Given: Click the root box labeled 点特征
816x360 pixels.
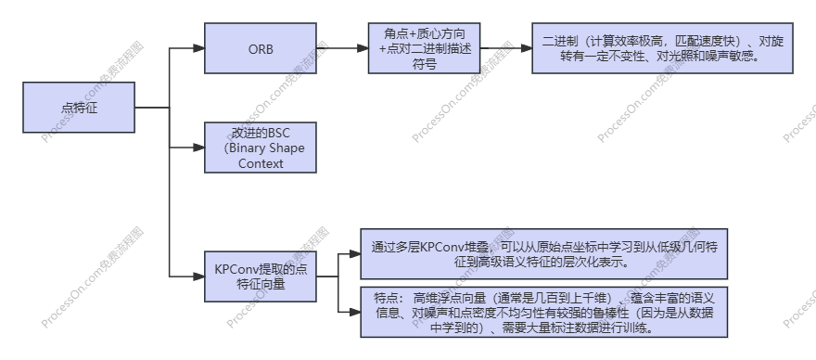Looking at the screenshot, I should coord(79,108).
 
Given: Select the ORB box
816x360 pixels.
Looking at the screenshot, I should coord(261,48).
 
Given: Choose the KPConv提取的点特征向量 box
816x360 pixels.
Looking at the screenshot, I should coord(261,276).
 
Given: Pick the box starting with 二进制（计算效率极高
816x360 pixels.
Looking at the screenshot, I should coord(662,49).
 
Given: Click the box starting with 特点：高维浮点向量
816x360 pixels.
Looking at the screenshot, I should coord(543,312).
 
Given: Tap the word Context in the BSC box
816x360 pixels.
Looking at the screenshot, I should coord(261,163).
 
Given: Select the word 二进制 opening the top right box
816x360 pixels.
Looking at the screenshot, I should coord(562,41).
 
